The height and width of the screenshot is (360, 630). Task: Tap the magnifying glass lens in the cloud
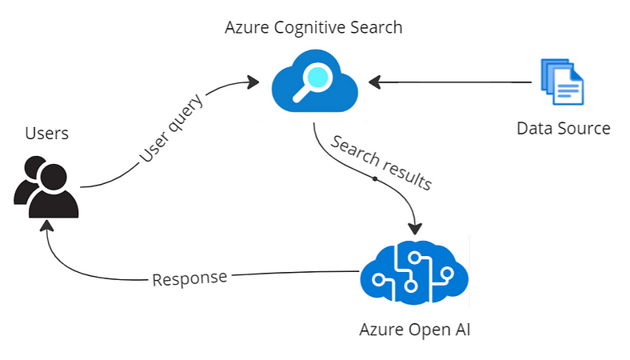click(317, 77)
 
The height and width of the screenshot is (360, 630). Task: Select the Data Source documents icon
click(562, 82)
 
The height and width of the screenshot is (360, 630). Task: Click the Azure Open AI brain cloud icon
click(414, 272)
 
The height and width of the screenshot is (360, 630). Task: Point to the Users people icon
click(46, 187)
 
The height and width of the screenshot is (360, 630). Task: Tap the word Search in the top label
click(376, 27)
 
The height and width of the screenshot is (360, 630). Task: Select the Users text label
click(46, 134)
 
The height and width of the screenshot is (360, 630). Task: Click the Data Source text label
click(564, 129)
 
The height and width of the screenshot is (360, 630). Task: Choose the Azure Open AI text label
click(415, 330)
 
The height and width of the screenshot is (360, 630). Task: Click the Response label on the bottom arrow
click(189, 278)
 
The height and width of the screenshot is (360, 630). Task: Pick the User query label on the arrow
click(171, 128)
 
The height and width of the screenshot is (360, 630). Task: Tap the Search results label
click(381, 162)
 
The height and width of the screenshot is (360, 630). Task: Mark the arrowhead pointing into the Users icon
click(47, 226)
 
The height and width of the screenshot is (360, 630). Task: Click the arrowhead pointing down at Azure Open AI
click(415, 229)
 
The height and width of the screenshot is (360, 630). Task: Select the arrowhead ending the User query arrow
click(253, 82)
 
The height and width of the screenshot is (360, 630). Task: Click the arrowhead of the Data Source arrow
click(374, 82)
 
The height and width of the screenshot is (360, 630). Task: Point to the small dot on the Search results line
click(374, 178)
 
